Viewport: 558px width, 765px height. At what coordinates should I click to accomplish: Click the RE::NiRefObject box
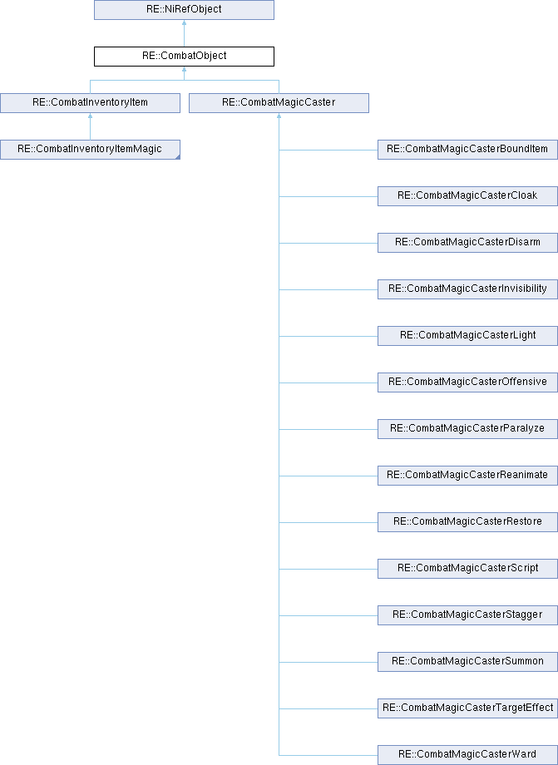[x=184, y=10]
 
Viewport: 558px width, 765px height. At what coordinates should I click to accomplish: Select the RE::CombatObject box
[x=184, y=56]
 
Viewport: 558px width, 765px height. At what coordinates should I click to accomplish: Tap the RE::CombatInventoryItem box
[x=91, y=103]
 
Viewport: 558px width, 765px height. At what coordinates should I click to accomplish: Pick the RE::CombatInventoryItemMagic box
[x=91, y=150]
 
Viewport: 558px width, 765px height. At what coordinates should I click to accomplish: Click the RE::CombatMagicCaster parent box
[x=279, y=103]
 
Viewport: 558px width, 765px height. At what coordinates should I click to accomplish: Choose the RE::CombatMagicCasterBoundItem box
[x=467, y=150]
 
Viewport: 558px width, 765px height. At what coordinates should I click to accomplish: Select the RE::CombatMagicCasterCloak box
[x=467, y=196]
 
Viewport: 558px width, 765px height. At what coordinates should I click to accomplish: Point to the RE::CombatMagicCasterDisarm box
[x=467, y=243]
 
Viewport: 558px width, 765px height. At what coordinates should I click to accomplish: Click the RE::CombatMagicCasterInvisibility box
[x=467, y=289]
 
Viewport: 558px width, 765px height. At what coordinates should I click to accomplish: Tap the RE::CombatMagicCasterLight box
[x=467, y=336]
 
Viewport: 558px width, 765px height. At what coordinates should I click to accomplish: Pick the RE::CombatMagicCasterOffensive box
[x=467, y=382]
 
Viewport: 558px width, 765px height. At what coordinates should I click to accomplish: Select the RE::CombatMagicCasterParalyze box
[x=467, y=429]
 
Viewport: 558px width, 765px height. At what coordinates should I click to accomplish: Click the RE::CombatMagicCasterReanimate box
[x=467, y=476]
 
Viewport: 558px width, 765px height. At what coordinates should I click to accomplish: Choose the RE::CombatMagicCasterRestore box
[x=467, y=522]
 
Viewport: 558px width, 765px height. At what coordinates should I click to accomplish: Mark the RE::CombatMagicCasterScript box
[x=467, y=569]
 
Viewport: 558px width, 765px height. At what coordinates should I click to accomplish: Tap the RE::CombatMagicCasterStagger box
[x=467, y=615]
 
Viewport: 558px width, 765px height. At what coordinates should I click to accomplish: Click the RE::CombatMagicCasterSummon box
[x=467, y=662]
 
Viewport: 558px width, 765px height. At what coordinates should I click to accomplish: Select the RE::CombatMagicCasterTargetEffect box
[x=467, y=708]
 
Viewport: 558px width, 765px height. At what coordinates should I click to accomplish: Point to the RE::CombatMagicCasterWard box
[x=467, y=755]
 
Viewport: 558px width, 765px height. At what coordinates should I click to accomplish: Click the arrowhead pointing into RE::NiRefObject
[x=184, y=22]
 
